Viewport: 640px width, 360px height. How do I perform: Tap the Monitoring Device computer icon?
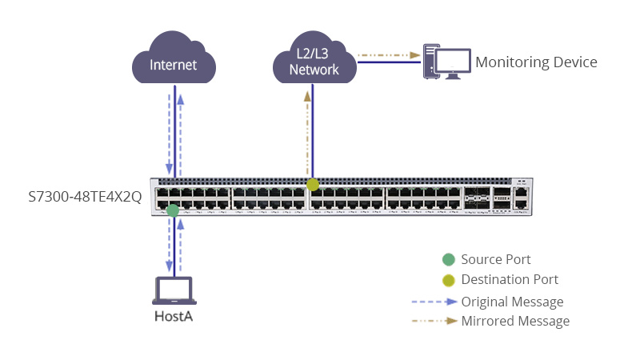(x=446, y=62)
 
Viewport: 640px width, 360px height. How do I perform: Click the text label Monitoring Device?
(x=536, y=62)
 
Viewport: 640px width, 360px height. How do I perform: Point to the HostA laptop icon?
(x=174, y=291)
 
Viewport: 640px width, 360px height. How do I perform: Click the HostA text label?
(x=174, y=318)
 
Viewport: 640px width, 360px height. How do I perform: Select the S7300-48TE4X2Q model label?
(x=85, y=197)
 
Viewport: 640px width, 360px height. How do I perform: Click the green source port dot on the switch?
(x=173, y=210)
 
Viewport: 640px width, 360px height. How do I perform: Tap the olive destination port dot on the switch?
(x=313, y=185)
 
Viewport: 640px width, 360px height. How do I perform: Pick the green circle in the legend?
(x=448, y=259)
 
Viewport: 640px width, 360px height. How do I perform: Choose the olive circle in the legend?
(x=448, y=280)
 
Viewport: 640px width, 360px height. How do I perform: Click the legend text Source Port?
(x=496, y=259)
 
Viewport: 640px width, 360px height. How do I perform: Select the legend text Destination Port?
(x=510, y=280)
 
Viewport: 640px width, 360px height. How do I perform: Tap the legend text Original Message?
(x=512, y=302)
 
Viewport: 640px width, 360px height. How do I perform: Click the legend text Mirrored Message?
(x=515, y=322)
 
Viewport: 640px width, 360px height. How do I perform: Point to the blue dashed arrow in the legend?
(x=434, y=302)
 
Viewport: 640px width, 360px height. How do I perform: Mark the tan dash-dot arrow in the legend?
(x=434, y=322)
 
